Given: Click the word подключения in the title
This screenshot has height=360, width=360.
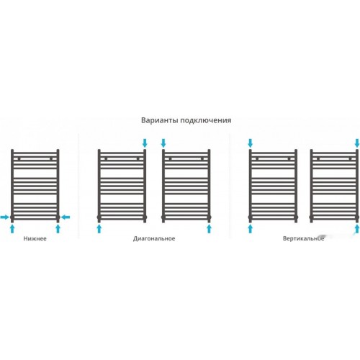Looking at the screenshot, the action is pos(206,120).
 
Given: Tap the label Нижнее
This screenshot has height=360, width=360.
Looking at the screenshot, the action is pos(35,238).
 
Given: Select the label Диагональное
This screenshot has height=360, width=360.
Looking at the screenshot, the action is pos(154,239).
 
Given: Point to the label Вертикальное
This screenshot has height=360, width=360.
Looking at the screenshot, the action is pos(303,238).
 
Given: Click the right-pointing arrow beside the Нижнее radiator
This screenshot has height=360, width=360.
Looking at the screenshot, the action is pos(4,217).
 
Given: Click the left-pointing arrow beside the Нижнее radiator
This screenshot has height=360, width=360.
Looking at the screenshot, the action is pos(66,217).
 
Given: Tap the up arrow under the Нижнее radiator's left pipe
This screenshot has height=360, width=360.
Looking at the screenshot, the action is pos(12,229).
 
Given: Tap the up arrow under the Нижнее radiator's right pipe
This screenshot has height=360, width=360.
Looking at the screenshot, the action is pos(58,229).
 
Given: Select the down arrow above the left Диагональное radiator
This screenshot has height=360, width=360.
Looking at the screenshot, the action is pos(145,143).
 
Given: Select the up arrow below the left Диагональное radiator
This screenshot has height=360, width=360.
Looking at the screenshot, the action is pos(99,229).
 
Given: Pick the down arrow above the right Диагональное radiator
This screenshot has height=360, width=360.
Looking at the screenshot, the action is pos(163,143).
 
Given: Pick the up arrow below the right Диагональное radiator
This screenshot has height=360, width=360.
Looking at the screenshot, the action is pos(209,229).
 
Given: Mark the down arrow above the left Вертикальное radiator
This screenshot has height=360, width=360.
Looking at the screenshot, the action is pos(251,143).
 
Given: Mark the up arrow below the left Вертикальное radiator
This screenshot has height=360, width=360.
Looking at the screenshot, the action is pos(251,229).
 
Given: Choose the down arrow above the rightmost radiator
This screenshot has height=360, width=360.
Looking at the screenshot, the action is pos(357,143).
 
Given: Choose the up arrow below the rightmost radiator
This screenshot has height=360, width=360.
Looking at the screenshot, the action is pos(357,229).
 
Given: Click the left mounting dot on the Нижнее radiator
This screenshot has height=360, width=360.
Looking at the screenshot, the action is pos(19,158).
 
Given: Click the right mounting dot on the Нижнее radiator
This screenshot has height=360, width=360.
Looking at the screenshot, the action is pos(51,158).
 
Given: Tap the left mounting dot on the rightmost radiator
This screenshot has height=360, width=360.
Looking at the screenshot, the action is pos(318,158).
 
